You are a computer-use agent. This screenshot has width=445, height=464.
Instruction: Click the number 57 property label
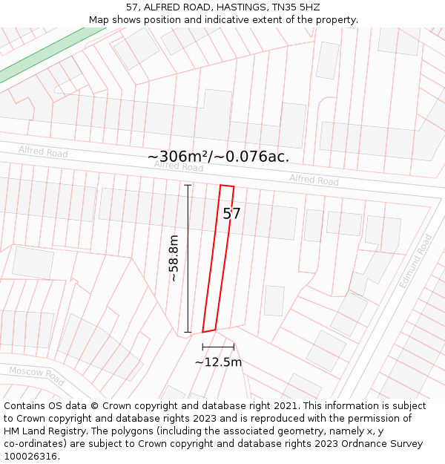[x=231, y=214]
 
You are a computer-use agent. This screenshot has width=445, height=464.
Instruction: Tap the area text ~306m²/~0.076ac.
[x=218, y=157]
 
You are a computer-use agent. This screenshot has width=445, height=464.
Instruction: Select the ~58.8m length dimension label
[x=173, y=258]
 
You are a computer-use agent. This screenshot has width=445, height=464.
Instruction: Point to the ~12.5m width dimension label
[x=218, y=362]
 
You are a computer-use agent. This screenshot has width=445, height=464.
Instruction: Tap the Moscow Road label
[x=37, y=375]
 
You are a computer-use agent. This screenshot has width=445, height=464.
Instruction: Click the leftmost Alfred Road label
[x=43, y=152]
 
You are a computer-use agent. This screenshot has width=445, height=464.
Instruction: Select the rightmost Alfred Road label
[x=314, y=180]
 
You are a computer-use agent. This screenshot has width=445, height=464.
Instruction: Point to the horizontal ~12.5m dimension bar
[x=218, y=347]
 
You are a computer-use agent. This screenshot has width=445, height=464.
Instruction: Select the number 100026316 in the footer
[x=30, y=457]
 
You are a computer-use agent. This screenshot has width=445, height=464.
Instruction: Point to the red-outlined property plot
[x=218, y=260]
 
